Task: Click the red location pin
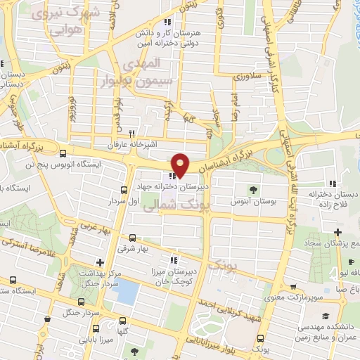point(181,164)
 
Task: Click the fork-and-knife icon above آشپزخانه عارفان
point(131,133)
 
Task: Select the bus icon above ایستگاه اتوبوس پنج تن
point(63,154)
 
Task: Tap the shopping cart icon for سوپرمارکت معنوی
point(293,288)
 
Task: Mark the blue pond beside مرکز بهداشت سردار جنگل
point(127,291)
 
